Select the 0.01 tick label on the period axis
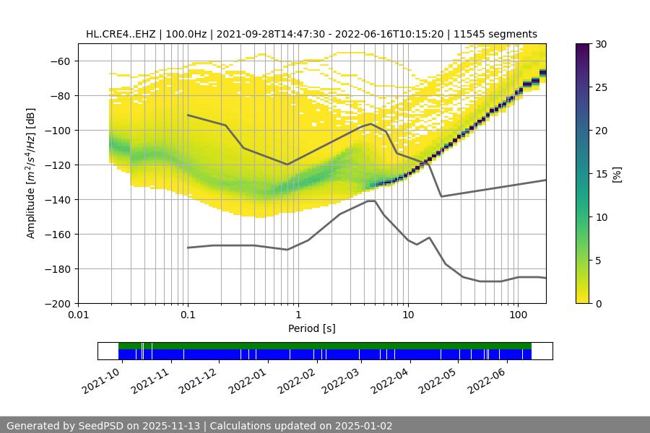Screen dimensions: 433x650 pos(78,315)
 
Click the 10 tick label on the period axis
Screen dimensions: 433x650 pos(407,315)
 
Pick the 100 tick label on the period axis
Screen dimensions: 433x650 pos(517,315)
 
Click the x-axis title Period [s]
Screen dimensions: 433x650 pos(312,328)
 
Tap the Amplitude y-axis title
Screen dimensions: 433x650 pos(31,173)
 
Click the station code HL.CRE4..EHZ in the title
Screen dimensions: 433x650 pos(120,34)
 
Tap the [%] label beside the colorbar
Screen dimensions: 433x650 pos(617,174)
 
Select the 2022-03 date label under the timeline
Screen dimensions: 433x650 pos(339,378)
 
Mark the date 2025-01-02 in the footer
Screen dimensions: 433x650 pos(365,426)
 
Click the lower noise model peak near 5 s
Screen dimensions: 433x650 pos(370,201)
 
